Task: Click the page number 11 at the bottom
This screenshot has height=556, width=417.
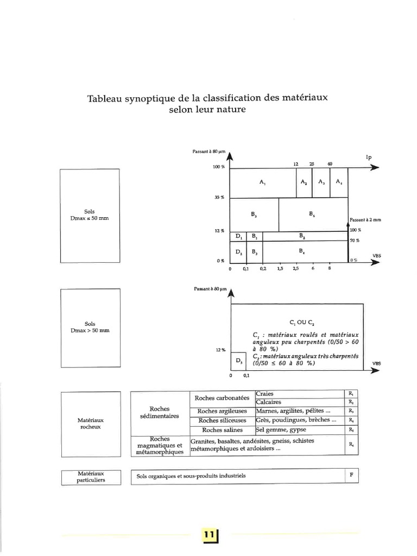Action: pos(208,535)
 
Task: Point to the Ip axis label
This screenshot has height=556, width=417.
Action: pos(369,157)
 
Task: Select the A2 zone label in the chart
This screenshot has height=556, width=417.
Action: pos(304,182)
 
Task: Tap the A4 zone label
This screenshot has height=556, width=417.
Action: pos(339,182)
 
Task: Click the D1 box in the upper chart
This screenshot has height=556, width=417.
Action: pos(238,237)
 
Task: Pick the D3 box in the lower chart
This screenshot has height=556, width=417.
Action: pos(238,361)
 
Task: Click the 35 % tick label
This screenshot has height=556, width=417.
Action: pos(219,197)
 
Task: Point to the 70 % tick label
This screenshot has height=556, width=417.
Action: pos(354,241)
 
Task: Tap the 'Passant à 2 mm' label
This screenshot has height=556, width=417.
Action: pos(365,220)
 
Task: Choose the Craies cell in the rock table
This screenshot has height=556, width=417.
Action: pos(267,394)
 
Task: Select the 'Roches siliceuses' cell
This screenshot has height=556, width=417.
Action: pos(222,420)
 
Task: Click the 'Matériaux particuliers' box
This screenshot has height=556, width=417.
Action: pos(91,476)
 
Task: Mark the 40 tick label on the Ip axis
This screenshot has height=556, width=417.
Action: pos(330,164)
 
